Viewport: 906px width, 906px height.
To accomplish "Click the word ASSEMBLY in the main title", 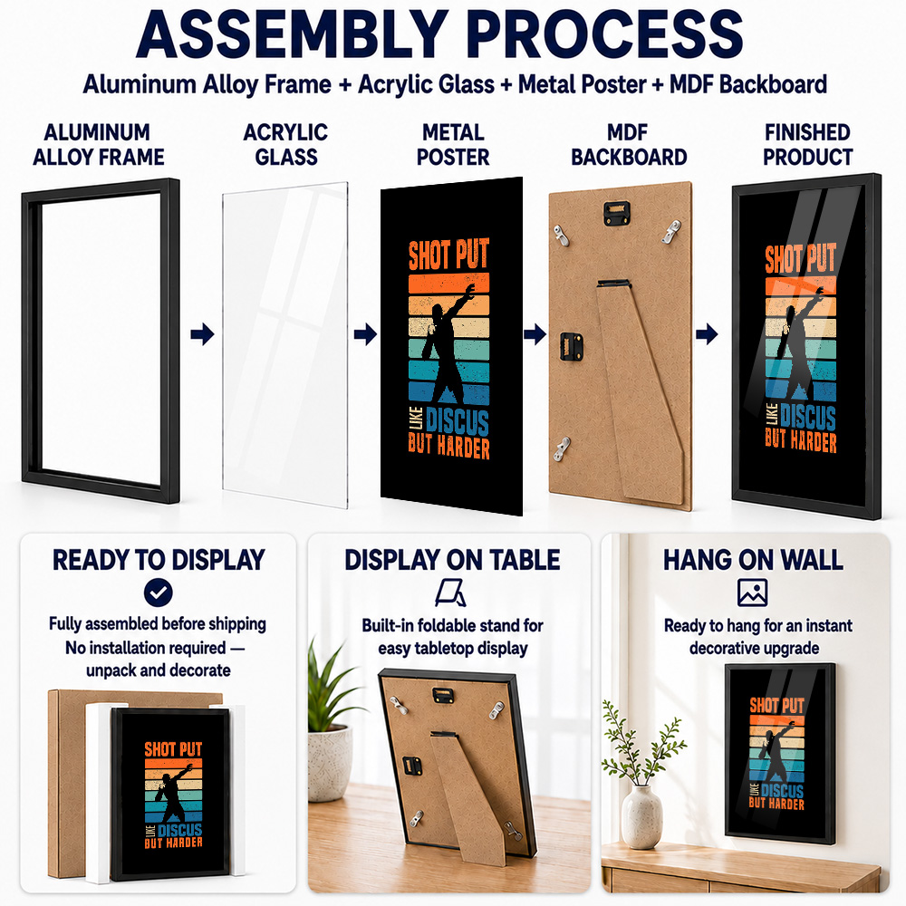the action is (x=293, y=34).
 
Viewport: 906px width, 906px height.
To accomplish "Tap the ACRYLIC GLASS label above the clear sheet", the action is (x=286, y=144).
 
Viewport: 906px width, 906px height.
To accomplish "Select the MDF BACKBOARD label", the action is (x=629, y=144).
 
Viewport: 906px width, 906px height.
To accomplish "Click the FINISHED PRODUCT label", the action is (x=808, y=144).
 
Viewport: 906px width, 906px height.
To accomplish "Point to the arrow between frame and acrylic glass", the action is (x=202, y=334).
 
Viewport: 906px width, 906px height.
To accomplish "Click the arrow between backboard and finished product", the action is (x=707, y=334).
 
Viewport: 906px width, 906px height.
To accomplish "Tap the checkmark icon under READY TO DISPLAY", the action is (x=159, y=593).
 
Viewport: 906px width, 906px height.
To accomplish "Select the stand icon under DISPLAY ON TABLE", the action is (x=450, y=593).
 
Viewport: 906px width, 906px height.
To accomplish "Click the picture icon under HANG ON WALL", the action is (x=752, y=593).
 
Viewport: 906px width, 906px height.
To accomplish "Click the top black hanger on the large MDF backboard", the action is (x=617, y=212).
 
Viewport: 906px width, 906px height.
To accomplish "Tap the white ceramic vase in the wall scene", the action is (x=641, y=817).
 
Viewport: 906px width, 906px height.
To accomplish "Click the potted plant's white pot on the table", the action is (x=330, y=764).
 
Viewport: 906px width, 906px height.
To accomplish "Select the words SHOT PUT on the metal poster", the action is (x=449, y=255).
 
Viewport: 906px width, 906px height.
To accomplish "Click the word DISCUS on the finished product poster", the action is (x=808, y=417).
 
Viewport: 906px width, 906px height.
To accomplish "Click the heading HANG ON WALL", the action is (x=753, y=560).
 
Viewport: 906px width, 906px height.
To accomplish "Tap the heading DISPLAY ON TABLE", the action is (x=452, y=560).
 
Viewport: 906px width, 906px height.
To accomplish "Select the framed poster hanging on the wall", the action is (x=780, y=754).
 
